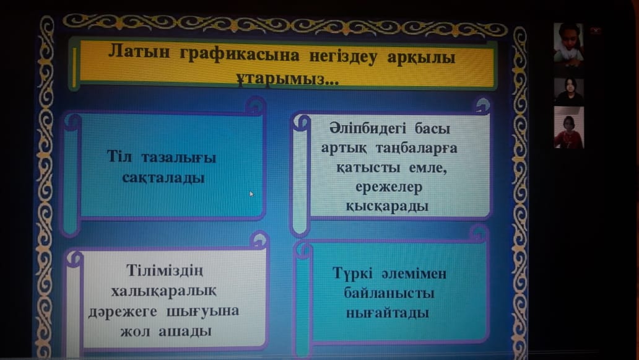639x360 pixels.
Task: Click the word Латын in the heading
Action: pyautogui.click(x=139, y=52)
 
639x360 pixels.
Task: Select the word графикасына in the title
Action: pyautogui.click(x=240, y=55)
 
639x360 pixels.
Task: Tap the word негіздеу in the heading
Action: pyautogui.click(x=343, y=56)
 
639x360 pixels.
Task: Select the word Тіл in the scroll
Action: pyautogui.click(x=120, y=156)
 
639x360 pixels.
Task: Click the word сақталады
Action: pyautogui.click(x=163, y=178)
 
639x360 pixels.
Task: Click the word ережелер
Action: pyautogui.click(x=389, y=187)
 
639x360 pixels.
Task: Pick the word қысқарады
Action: pyautogui.click(x=387, y=206)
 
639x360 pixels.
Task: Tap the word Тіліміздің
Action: pyautogui.click(x=164, y=270)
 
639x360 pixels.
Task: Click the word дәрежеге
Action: pyautogui.click(x=123, y=312)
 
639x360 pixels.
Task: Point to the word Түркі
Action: pyautogui.click(x=352, y=273)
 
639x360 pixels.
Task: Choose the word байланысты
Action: pyautogui.click(x=389, y=293)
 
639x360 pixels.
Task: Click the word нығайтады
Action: pyautogui.click(x=388, y=313)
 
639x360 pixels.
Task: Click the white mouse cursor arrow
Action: pyautogui.click(x=252, y=194)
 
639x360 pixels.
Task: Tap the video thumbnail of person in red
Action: pyautogui.click(x=569, y=128)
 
